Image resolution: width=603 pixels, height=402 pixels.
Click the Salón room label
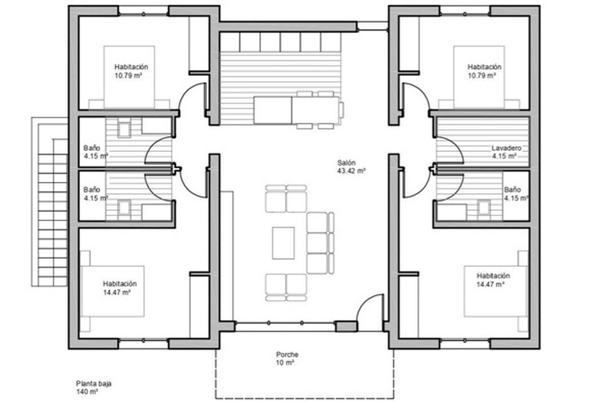point(346,163)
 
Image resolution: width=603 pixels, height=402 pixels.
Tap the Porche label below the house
point(287,354)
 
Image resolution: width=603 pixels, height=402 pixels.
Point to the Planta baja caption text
point(93,383)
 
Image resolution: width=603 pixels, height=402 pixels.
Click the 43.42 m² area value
point(351,171)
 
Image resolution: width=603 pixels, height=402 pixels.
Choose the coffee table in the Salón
point(283,243)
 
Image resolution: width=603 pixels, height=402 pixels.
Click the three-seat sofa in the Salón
point(321,243)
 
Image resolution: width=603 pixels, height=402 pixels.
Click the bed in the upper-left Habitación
point(129,77)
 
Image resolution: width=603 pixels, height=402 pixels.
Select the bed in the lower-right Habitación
point(495,291)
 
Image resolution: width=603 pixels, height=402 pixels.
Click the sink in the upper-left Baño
point(124,130)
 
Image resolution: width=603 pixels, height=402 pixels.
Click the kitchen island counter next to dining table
point(273,111)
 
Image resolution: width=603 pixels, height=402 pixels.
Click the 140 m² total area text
point(86,392)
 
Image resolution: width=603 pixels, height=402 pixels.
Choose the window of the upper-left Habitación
point(144,14)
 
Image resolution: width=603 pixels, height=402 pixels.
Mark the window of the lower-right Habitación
point(465,341)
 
